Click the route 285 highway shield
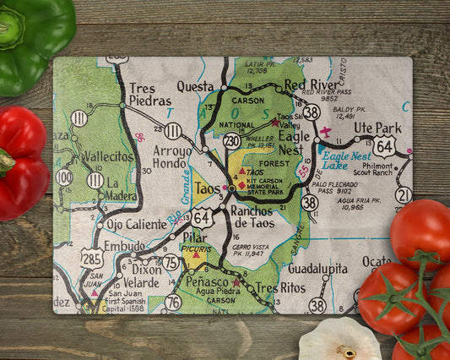pos(92,258)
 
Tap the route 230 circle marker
pos(231,141)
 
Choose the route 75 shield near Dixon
pos(171,262)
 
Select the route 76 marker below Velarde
pos(173,302)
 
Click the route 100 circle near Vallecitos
pos(64,177)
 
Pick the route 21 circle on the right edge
pos(403,195)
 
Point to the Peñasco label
pos(208,281)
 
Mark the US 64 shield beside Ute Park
pos(385,147)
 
